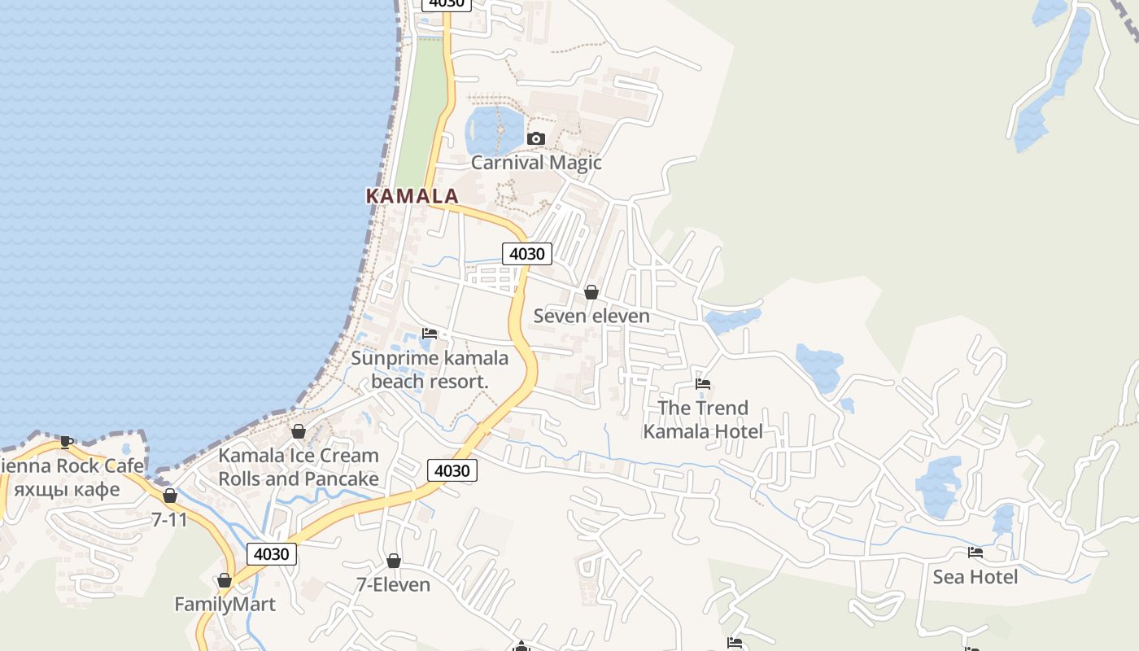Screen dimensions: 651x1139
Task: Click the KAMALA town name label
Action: point(412,196)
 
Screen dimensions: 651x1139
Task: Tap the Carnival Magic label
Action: point(536,162)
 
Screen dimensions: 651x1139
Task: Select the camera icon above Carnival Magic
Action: point(535,139)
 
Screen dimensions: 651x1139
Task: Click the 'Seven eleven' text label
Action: point(591,316)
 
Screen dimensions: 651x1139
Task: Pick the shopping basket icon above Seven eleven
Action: point(591,292)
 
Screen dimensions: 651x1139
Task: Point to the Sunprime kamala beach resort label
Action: point(430,369)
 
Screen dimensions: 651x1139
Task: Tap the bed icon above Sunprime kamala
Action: point(430,334)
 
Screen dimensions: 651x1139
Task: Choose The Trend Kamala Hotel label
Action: point(703,419)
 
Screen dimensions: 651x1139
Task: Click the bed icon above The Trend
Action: point(703,383)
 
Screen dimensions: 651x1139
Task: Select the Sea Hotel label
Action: point(975,577)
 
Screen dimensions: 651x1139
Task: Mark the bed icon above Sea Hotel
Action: point(975,553)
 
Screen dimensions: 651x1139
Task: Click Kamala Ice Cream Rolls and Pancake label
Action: point(299,467)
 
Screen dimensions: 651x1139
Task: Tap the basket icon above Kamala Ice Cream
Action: point(299,431)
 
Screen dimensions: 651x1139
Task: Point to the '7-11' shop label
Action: point(169,519)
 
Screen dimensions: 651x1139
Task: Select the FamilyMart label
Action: point(225,605)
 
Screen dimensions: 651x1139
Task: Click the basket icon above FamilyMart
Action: point(225,581)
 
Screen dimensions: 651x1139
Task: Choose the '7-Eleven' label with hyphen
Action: point(393,584)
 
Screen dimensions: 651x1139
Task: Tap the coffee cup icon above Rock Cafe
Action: point(67,442)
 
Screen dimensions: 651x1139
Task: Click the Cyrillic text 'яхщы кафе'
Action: point(68,490)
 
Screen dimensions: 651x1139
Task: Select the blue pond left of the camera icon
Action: point(493,129)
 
